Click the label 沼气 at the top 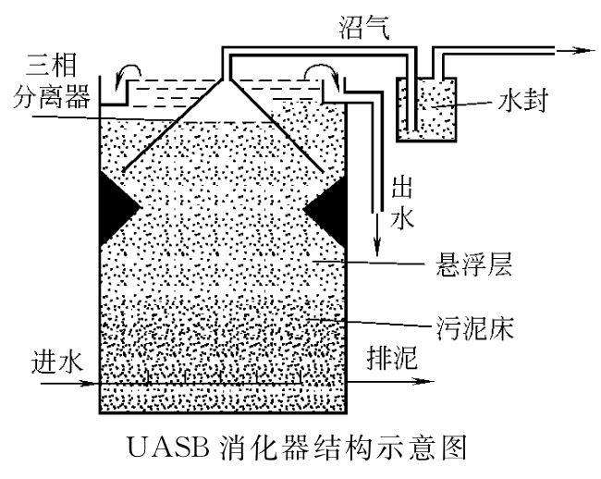pyautogui.click(x=365, y=27)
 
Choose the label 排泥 pyautogui.click(x=371, y=362)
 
